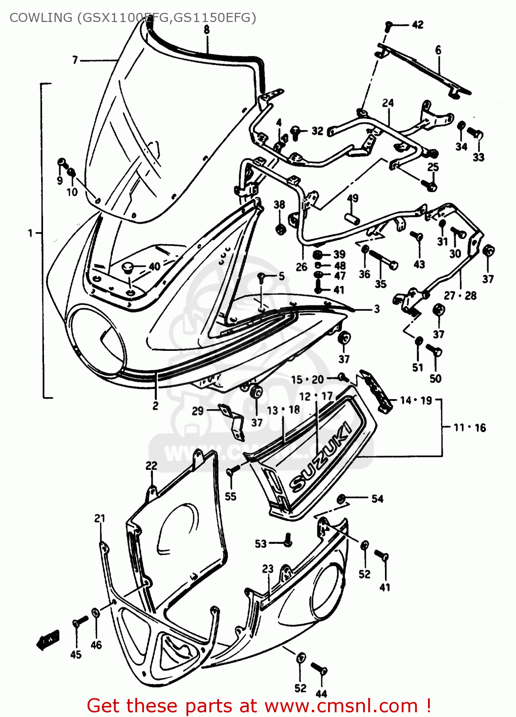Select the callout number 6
click(x=438, y=50)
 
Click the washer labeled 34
click(x=461, y=127)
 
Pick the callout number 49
click(x=352, y=198)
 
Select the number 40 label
click(x=154, y=266)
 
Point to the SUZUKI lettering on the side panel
click(x=321, y=456)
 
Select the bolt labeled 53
click(x=287, y=541)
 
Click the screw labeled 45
click(x=79, y=622)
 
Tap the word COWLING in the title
click(x=40, y=18)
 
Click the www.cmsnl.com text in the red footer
click(x=341, y=706)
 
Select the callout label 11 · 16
click(x=469, y=427)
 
